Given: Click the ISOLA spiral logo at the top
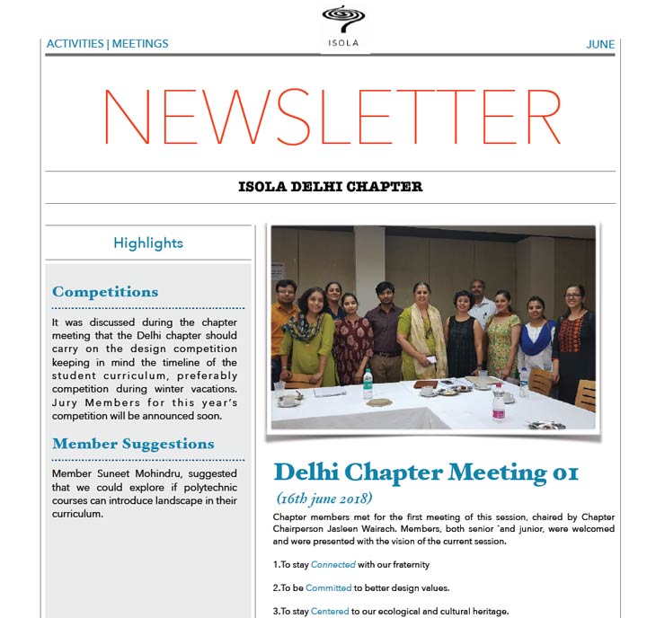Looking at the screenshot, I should (x=345, y=20).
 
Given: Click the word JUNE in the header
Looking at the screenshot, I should (x=600, y=44).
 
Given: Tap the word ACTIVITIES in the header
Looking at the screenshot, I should (x=75, y=44).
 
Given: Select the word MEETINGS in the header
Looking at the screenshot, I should (x=140, y=44).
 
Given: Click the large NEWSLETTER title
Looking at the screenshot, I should (x=331, y=118).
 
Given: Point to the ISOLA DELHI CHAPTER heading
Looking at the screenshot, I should (x=331, y=188).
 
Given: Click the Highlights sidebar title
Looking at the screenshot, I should (x=148, y=243).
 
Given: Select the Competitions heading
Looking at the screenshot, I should (x=105, y=292).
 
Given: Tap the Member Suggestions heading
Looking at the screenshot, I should (x=133, y=444).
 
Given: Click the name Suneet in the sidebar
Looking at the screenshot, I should (x=111, y=473).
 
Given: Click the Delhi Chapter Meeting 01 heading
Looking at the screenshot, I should (x=426, y=472).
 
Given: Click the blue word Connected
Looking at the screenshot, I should (x=332, y=565).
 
